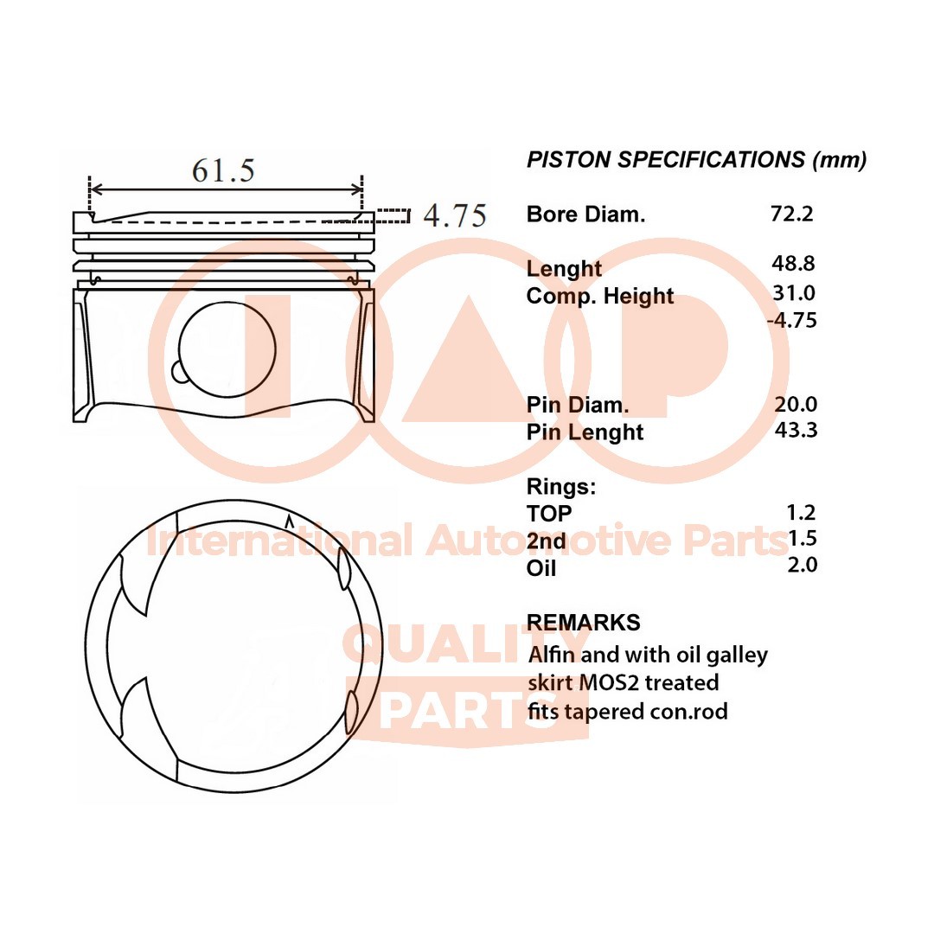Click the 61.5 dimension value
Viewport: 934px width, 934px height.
pyautogui.click(x=223, y=170)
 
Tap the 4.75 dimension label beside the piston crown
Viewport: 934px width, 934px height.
pyautogui.click(x=455, y=214)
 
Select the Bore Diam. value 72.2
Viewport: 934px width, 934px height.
pyautogui.click(x=792, y=213)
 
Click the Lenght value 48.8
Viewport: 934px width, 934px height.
pyautogui.click(x=793, y=263)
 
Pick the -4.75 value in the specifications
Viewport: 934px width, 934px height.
pyautogui.click(x=791, y=320)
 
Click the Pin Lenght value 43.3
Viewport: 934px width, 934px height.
pyautogui.click(x=796, y=429)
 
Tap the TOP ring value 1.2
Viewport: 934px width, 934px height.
pyautogui.click(x=802, y=512)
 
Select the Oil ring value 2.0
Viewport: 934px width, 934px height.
pyautogui.click(x=802, y=565)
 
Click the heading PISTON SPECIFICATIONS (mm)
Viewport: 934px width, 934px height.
pyautogui.click(x=696, y=159)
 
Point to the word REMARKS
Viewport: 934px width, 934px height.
pyautogui.click(x=583, y=622)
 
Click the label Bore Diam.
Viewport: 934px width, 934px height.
pyautogui.click(x=585, y=214)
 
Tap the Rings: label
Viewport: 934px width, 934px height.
pyautogui.click(x=561, y=487)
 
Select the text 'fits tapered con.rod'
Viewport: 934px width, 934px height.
pyautogui.click(x=628, y=711)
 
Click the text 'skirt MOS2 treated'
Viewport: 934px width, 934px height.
pyautogui.click(x=624, y=682)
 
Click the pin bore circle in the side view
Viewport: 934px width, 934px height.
pyautogui.click(x=227, y=348)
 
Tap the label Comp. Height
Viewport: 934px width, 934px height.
pyautogui.click(x=600, y=296)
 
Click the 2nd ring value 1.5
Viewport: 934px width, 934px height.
pyautogui.click(x=803, y=539)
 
